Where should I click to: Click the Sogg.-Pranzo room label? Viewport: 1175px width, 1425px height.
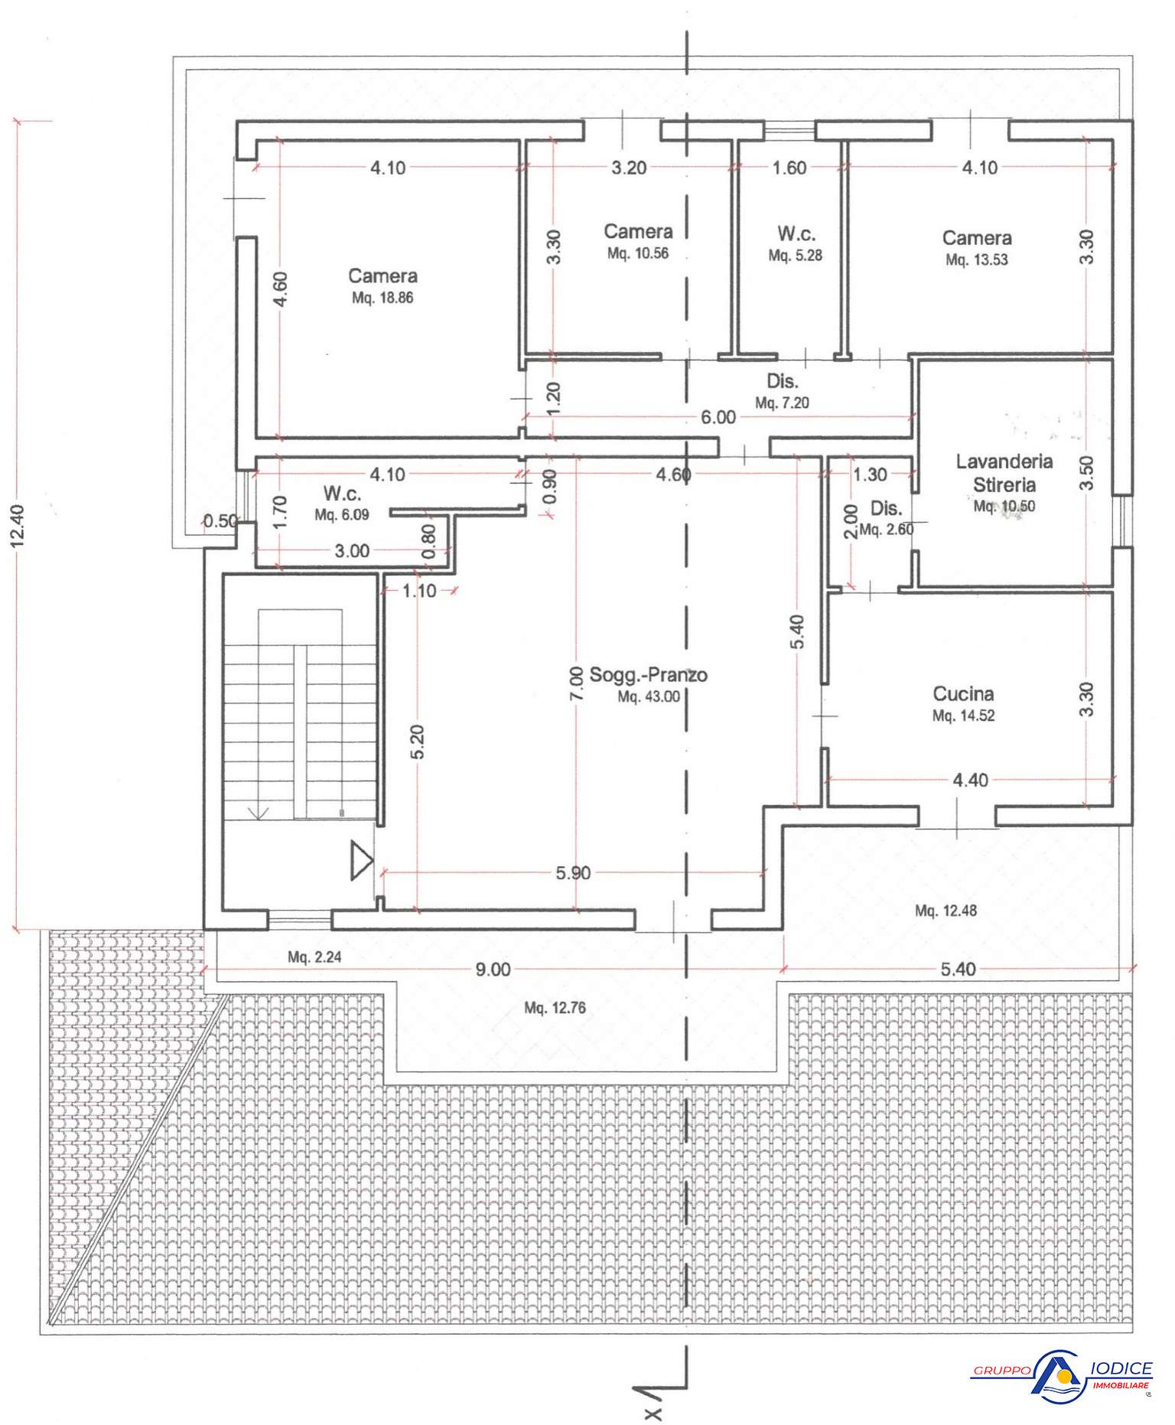pyautogui.click(x=649, y=675)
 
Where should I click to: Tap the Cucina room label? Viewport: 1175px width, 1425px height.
pyautogui.click(x=963, y=694)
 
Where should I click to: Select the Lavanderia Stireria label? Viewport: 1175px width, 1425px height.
pyautogui.click(x=1004, y=473)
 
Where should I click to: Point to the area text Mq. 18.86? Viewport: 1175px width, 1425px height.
pyautogui.click(x=382, y=298)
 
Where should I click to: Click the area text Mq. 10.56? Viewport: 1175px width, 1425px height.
pyautogui.click(x=638, y=253)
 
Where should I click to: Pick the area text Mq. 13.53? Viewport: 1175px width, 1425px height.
pyautogui.click(x=977, y=260)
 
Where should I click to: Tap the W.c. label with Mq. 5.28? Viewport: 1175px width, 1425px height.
pyautogui.click(x=796, y=234)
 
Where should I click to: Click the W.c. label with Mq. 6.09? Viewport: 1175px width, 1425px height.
pyautogui.click(x=342, y=494)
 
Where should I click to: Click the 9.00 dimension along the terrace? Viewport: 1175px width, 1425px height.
pyautogui.click(x=493, y=970)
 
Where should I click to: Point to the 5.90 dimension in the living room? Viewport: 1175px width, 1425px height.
pyautogui.click(x=573, y=872)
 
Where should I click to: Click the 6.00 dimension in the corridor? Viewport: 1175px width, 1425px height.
pyautogui.click(x=718, y=417)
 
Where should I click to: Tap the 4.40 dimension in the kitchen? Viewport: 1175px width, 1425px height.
pyautogui.click(x=971, y=780)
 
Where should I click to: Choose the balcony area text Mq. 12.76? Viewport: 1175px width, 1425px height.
pyautogui.click(x=555, y=1008)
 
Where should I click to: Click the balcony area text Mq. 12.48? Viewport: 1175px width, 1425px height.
pyautogui.click(x=946, y=911)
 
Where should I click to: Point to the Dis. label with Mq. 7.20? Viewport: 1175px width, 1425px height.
pyautogui.click(x=782, y=381)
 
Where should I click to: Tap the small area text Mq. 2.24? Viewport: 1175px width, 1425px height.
pyautogui.click(x=314, y=957)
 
